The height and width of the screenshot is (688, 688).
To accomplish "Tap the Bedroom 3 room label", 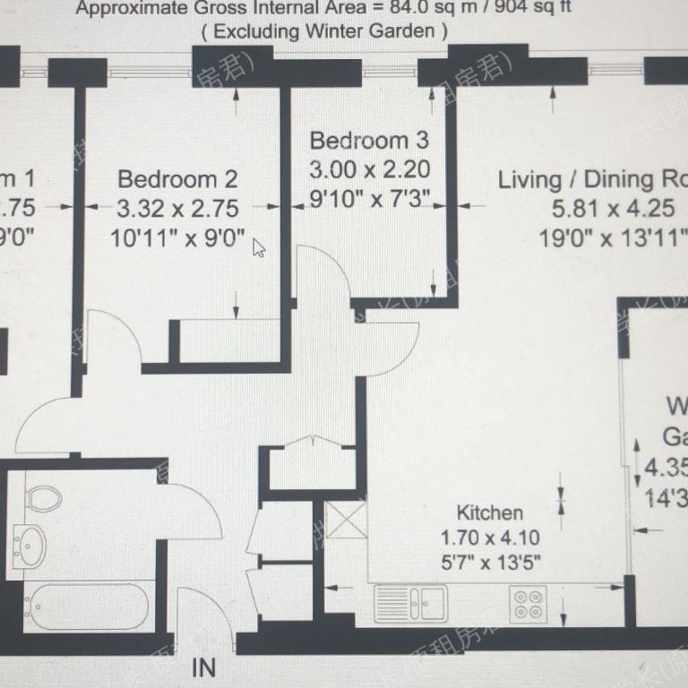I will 369,141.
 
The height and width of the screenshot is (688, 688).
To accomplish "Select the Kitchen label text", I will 489,513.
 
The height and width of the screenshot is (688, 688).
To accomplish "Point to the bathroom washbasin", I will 32,544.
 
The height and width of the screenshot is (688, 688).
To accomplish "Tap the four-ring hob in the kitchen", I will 529,603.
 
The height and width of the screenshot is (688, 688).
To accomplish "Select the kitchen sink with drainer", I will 410,601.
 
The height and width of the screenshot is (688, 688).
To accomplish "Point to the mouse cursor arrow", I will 258,247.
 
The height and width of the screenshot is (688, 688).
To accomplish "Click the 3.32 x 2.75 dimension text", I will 177,209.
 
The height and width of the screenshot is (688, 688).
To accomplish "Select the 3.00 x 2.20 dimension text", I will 369,169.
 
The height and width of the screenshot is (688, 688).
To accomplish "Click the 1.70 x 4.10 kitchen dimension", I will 489,538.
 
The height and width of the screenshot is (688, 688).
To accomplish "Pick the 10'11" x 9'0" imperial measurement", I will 177,238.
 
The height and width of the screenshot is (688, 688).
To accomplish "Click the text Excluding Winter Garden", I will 323,30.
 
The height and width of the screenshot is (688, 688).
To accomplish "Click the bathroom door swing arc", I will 193,511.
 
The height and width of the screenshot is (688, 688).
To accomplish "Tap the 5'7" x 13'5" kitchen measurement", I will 489,563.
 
